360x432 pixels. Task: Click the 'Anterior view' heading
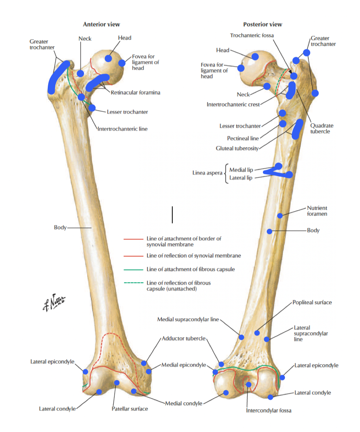(x=101, y=24)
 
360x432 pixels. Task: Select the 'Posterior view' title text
(x=262, y=24)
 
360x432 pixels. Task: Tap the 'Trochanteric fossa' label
(x=252, y=35)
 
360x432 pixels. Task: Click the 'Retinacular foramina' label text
(x=135, y=92)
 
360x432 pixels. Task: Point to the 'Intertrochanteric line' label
(x=122, y=129)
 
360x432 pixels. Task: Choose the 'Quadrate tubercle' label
(x=321, y=128)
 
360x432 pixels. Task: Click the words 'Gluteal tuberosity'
(x=237, y=148)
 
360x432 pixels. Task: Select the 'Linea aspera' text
(x=207, y=173)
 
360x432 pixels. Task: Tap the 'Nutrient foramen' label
(x=317, y=211)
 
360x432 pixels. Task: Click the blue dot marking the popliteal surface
(x=257, y=333)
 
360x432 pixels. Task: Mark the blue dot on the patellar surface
(x=117, y=382)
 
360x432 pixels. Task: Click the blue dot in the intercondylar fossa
(x=249, y=384)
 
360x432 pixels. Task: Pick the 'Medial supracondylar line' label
(x=188, y=319)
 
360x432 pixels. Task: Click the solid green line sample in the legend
(x=133, y=270)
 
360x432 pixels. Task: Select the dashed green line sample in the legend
(x=133, y=283)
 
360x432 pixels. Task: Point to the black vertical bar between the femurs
(x=172, y=214)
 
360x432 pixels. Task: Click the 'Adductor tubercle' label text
(x=184, y=338)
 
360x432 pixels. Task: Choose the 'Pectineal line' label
(x=243, y=138)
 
